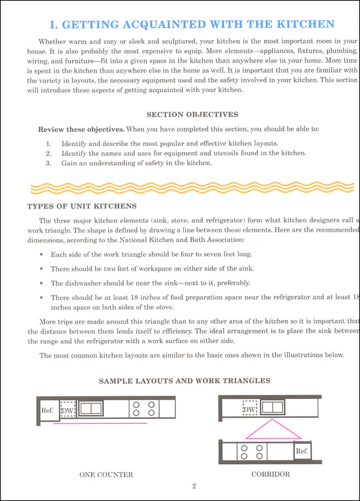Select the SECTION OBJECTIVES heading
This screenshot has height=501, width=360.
(x=192, y=115)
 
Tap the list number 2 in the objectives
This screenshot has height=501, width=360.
(x=48, y=153)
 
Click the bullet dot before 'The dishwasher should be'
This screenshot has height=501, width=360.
(x=41, y=283)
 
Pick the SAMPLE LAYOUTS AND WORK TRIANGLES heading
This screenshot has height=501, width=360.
(x=185, y=380)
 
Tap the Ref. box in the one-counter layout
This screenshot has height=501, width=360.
(x=48, y=411)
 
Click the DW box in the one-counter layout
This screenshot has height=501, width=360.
(x=67, y=410)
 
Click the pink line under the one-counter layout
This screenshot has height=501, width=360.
(x=100, y=424)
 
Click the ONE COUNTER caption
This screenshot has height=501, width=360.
(x=106, y=475)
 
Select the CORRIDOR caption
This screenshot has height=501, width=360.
(x=270, y=475)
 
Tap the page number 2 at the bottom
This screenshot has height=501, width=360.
(x=195, y=486)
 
